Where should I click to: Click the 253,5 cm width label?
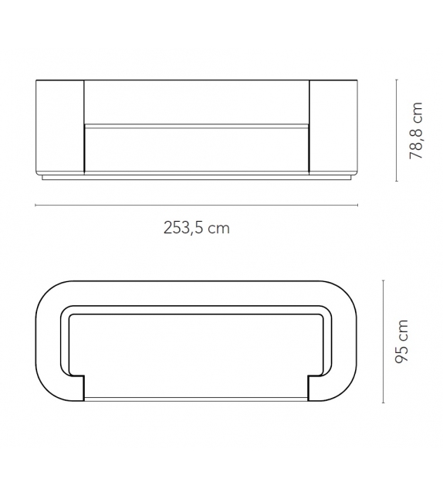pos(196,228)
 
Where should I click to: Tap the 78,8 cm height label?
pos(418,131)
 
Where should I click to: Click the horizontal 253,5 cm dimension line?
pos(196,205)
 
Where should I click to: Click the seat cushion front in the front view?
pos(196,149)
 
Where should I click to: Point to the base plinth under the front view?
pos(196,178)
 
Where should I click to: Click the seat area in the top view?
pos(196,355)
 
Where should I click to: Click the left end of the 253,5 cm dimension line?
pos(36,205)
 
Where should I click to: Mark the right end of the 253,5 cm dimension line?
pos(358,205)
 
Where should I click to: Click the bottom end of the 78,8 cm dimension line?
pos(397,182)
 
